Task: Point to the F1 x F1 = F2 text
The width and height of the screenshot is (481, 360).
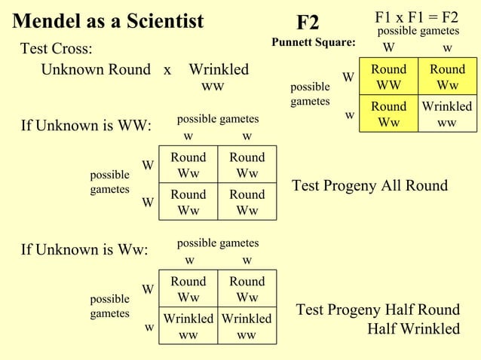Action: click(x=417, y=17)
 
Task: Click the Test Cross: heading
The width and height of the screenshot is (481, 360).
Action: click(x=57, y=49)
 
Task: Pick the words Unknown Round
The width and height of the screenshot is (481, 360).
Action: click(x=96, y=70)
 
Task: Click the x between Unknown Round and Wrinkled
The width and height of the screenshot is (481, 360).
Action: click(x=167, y=70)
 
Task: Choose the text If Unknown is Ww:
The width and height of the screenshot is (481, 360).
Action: click(x=84, y=249)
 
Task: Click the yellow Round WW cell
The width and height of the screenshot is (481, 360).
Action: click(x=389, y=76)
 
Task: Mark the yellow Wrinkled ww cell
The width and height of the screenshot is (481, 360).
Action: click(x=446, y=114)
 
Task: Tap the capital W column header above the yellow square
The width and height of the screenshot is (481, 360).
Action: click(x=388, y=48)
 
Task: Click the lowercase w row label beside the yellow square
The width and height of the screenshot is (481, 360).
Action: click(x=349, y=115)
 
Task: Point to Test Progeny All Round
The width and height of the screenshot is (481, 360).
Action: click(x=369, y=186)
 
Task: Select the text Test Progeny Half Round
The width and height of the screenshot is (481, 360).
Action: click(x=378, y=310)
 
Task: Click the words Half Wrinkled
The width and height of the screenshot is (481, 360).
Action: click(x=413, y=329)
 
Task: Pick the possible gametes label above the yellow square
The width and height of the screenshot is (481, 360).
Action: click(x=418, y=31)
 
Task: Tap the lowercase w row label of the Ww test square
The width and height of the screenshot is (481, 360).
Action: click(x=149, y=328)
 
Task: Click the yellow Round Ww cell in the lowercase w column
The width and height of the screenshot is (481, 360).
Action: click(x=446, y=76)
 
